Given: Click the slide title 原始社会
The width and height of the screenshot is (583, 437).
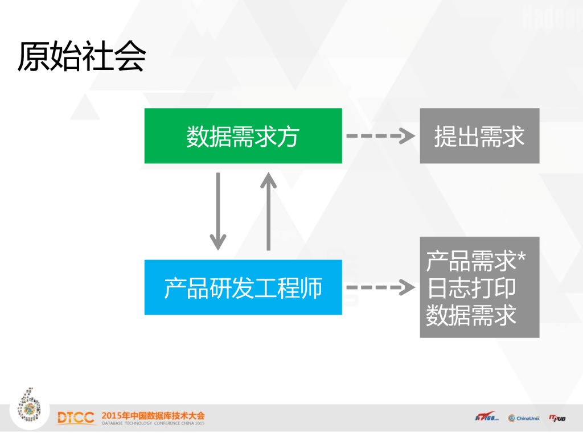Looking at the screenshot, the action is pyautogui.click(x=81, y=57).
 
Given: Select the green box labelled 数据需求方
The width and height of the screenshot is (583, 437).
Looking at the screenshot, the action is pyautogui.click(x=243, y=136).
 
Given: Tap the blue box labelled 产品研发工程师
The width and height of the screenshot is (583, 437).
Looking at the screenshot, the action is pyautogui.click(x=243, y=287).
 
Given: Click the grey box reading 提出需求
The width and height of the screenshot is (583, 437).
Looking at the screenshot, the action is pyautogui.click(x=479, y=136).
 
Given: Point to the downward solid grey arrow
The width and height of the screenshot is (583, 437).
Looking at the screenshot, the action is pyautogui.click(x=217, y=211).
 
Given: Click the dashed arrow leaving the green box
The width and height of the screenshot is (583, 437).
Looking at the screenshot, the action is pyautogui.click(x=380, y=136).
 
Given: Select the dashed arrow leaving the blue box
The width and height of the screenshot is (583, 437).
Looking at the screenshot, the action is pyautogui.click(x=380, y=287).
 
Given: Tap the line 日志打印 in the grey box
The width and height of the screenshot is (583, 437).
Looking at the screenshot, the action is pyautogui.click(x=471, y=287).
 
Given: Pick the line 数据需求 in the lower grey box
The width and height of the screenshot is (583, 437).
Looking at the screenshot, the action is pyautogui.click(x=471, y=314).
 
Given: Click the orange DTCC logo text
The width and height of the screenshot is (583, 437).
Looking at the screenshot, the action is pyautogui.click(x=76, y=418).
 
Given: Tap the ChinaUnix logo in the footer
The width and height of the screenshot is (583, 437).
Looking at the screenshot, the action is pyautogui.click(x=524, y=418).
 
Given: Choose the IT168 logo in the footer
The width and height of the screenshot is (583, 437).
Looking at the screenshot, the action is pyautogui.click(x=487, y=418).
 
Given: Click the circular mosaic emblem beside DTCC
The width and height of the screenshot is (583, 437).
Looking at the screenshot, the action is pyautogui.click(x=28, y=405).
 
